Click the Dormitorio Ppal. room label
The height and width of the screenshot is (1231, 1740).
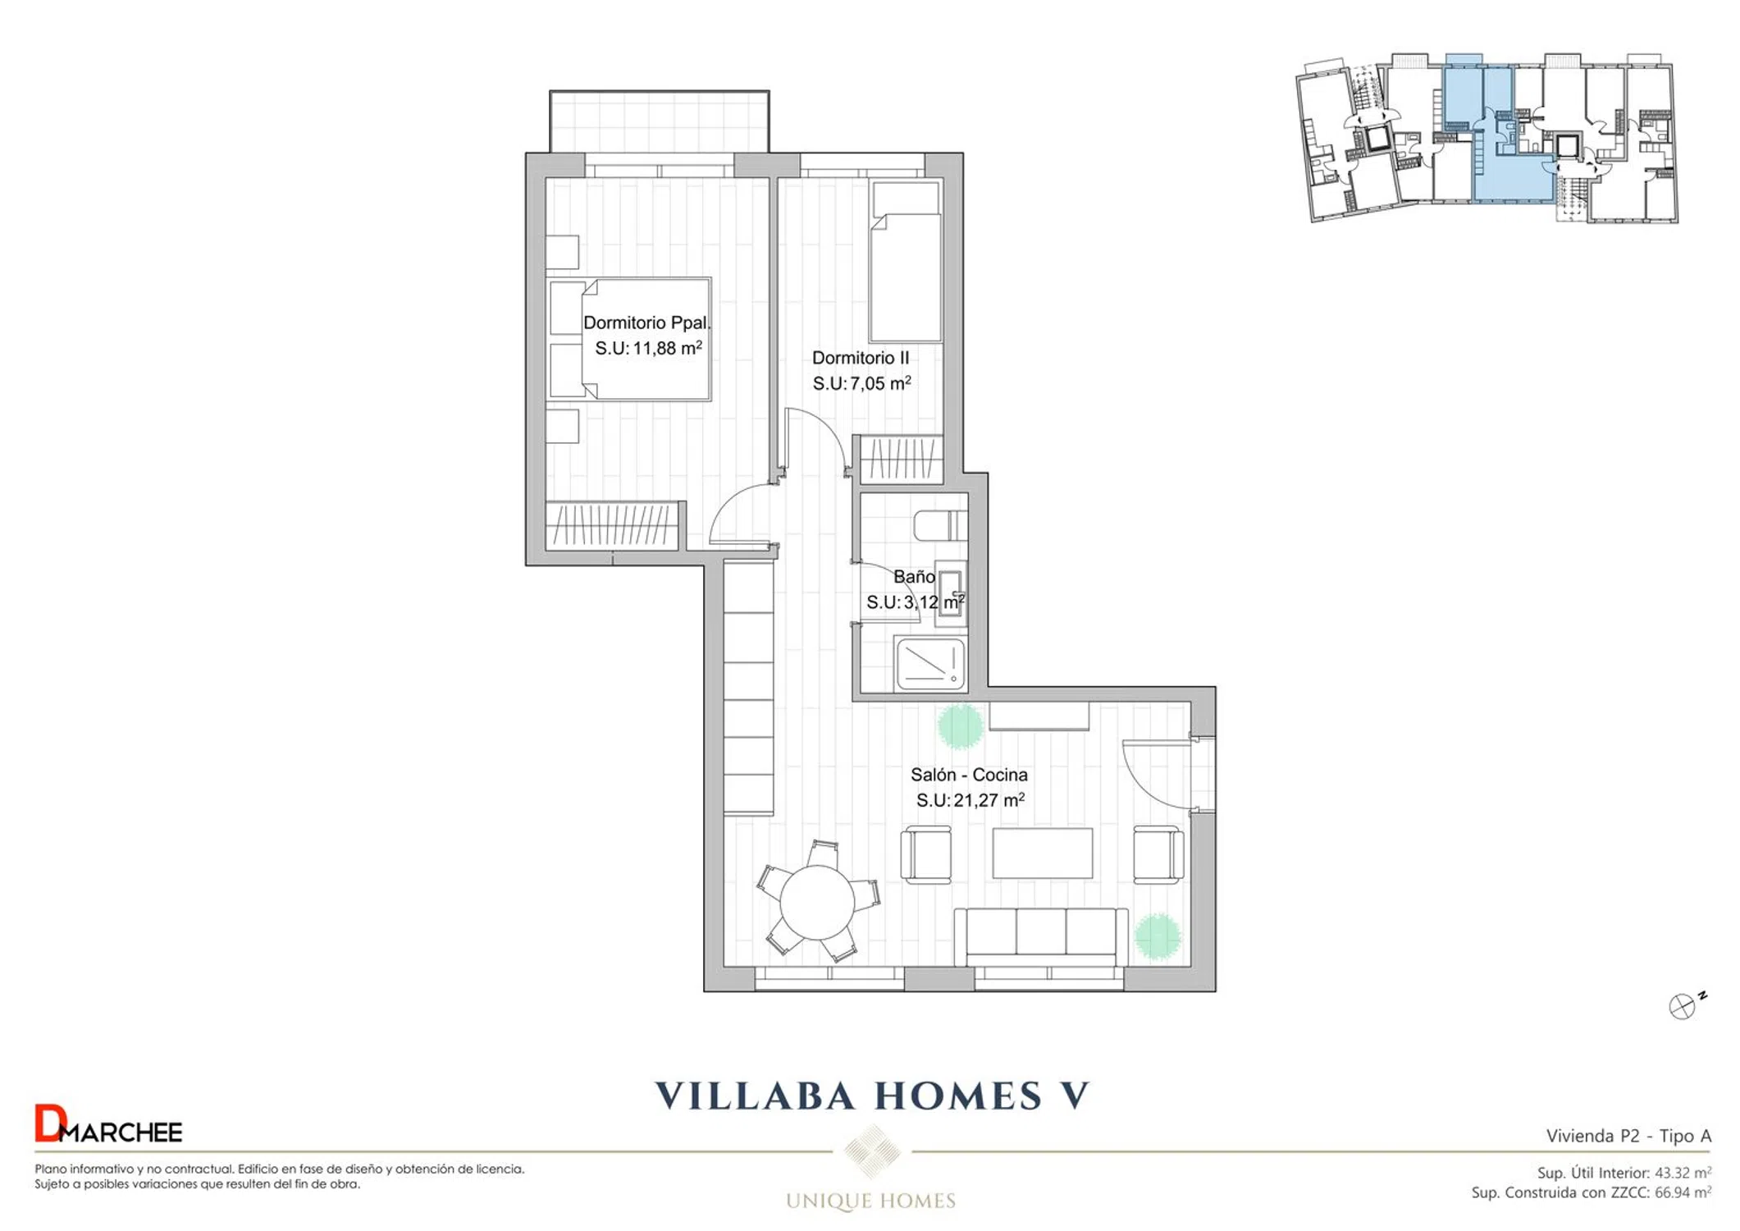646,323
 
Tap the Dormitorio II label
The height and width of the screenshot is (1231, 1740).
861,358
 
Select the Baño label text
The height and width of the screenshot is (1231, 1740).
914,577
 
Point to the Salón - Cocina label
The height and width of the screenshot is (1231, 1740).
969,775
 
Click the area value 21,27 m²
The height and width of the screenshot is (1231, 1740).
989,800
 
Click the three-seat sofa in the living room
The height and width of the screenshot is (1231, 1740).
1041,936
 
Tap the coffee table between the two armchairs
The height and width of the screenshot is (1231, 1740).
1042,853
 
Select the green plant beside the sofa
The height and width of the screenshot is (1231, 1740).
1157,936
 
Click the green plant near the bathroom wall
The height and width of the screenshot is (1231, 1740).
960,725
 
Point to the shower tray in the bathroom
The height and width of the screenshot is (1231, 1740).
931,663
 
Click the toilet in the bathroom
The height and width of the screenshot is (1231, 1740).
941,525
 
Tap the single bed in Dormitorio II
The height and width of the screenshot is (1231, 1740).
906,262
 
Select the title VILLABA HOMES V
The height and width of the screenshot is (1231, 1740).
871,1096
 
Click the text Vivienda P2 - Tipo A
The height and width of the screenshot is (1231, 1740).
1628,1136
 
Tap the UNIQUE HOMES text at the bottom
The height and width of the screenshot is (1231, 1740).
870,1201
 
